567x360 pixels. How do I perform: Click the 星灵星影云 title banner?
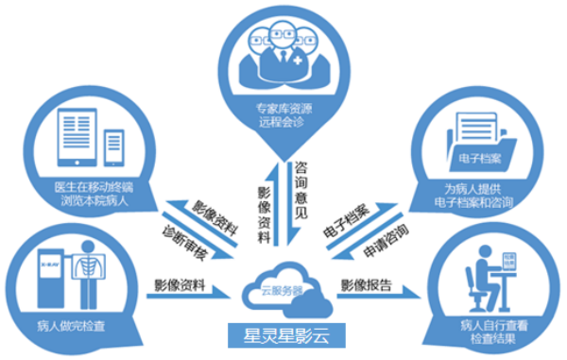point(283,334)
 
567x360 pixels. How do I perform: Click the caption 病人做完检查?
point(71,323)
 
